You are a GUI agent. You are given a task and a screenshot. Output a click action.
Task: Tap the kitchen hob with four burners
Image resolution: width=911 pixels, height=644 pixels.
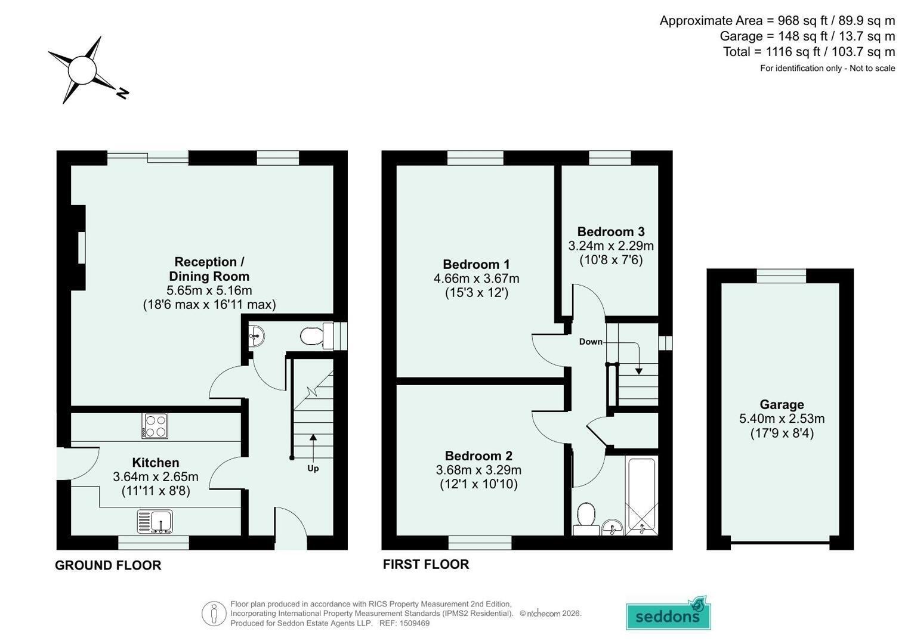(155, 426)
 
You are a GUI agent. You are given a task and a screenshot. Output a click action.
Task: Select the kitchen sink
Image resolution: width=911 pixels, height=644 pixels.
(155, 522)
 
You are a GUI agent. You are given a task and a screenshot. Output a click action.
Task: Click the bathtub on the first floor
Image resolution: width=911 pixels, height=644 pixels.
(642, 496)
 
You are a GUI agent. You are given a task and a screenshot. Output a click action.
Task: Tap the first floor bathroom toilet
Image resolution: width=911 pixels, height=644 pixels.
(586, 519)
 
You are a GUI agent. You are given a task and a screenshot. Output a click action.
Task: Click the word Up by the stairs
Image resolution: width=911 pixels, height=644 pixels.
(313, 468)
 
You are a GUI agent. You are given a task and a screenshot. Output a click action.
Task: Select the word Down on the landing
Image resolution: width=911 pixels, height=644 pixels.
(591, 342)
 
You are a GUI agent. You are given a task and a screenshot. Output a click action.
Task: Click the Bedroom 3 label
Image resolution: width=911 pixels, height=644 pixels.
(611, 232)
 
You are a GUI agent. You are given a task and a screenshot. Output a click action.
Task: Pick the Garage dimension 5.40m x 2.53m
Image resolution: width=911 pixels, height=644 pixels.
(782, 419)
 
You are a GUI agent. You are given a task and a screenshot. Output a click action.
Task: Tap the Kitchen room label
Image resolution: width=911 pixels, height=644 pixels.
(156, 462)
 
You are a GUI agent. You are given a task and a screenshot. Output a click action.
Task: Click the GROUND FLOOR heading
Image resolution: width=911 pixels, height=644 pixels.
(108, 565)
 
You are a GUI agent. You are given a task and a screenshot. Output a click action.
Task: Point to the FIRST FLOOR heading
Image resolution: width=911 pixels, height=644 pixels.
(426, 564)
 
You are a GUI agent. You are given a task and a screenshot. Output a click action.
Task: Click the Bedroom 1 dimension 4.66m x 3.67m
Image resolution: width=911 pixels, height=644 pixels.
(476, 278)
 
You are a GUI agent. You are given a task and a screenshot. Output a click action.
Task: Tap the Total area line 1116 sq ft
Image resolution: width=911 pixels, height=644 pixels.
(809, 52)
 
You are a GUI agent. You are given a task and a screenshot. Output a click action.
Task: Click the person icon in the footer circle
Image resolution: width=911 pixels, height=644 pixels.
(214, 614)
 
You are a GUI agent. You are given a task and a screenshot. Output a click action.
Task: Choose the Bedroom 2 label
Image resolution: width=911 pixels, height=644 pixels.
(478, 456)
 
